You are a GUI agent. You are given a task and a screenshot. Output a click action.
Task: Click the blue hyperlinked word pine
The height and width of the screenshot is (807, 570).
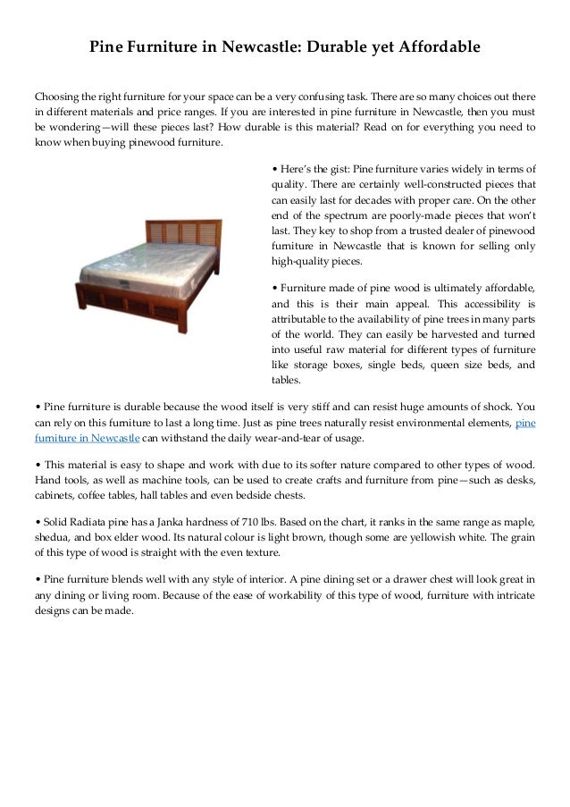click(x=526, y=423)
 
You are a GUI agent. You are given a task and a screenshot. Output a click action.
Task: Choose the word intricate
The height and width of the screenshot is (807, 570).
click(x=511, y=596)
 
